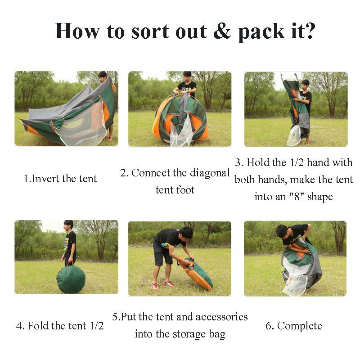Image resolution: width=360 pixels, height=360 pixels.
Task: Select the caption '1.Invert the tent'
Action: (x=60, y=179)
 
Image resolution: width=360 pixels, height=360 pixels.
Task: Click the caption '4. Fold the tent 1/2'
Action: (x=60, y=326)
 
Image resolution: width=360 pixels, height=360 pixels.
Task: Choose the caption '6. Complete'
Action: (x=294, y=326)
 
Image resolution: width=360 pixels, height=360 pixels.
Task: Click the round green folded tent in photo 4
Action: (x=71, y=279)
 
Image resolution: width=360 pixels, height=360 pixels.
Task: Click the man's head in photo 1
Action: (x=103, y=76)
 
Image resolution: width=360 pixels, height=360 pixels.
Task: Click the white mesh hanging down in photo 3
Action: (x=294, y=135)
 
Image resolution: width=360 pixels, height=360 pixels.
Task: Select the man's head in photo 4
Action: (x=68, y=225)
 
